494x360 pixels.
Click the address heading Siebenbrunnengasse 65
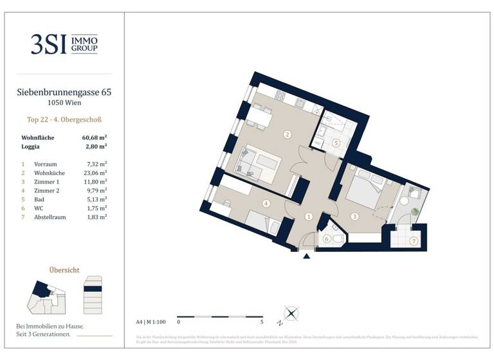[64, 93]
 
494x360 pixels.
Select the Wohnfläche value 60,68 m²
[94, 138]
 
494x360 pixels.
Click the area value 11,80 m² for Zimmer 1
[94, 182]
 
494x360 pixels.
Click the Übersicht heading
[64, 270]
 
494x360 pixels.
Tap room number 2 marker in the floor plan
[287, 134]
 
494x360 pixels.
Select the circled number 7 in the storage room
[413, 241]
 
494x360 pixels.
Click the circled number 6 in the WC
[326, 239]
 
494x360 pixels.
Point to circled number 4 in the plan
[266, 204]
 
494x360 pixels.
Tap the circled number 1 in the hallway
[309, 217]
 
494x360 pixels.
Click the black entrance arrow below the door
[306, 256]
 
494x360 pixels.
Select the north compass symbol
[291, 314]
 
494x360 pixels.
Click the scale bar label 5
[262, 321]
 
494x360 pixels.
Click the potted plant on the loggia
[415, 211]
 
